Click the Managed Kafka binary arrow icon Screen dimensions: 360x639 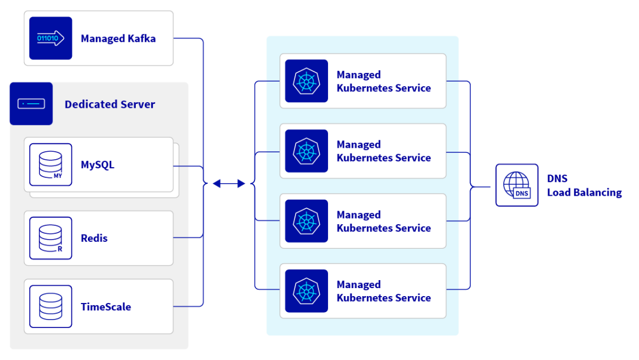pos(50,38)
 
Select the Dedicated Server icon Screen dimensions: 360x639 pos(31,103)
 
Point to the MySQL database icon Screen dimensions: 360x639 pos(50,164)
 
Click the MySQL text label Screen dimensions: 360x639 pos(98,165)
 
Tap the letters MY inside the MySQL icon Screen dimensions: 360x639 pos(58,176)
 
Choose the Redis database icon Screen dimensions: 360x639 pos(50,238)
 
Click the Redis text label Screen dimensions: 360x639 pos(94,238)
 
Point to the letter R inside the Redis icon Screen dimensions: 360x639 pos(59,249)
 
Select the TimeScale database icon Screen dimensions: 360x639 pos(50,306)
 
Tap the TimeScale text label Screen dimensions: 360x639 pos(106,307)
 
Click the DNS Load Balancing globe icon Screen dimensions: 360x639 pos(516,185)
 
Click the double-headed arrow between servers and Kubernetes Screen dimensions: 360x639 pos(229,184)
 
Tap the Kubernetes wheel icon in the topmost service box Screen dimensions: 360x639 pos(306,81)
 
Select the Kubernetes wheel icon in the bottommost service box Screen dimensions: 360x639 pos(306,291)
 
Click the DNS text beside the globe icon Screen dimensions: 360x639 pos(557,179)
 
